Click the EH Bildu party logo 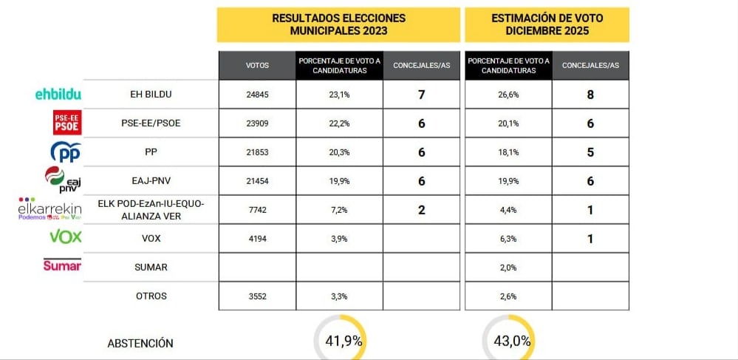58,94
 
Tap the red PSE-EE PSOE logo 66,123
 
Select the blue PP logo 65,152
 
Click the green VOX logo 65,237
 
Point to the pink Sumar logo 62,265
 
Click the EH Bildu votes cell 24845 257,95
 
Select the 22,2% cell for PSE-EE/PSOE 339,123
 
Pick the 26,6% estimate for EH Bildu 508,95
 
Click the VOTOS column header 257,66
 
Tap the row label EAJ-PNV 151,180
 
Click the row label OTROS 151,296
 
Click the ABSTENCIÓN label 140,343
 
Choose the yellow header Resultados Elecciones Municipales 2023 339,24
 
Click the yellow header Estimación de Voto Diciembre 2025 546,24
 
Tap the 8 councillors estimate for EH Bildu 590,95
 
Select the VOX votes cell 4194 257,239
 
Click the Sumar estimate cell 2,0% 508,268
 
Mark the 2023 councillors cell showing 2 421,210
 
